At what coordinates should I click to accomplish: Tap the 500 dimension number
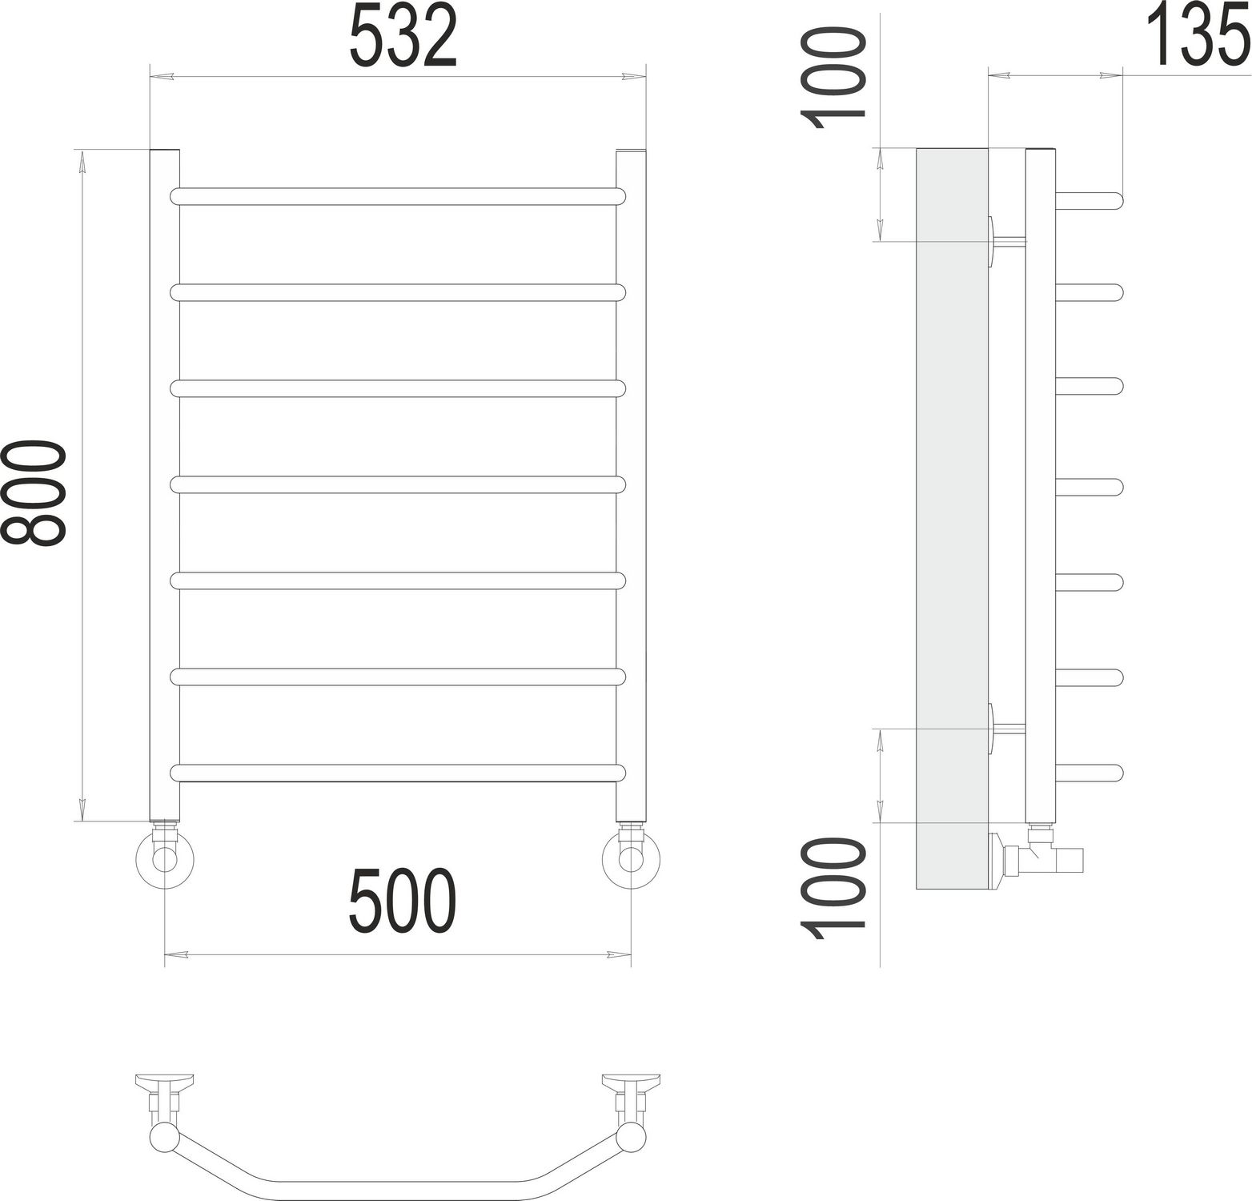coord(403,901)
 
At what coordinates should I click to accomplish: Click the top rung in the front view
coord(397,196)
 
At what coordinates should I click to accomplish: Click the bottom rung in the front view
coord(397,773)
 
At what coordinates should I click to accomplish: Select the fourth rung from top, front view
coord(397,484)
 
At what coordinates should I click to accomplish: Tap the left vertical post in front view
coord(164,480)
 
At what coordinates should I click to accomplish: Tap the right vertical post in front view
coord(631,480)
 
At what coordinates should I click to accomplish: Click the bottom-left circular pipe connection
coord(165,858)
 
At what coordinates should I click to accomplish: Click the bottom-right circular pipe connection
coord(631,858)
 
